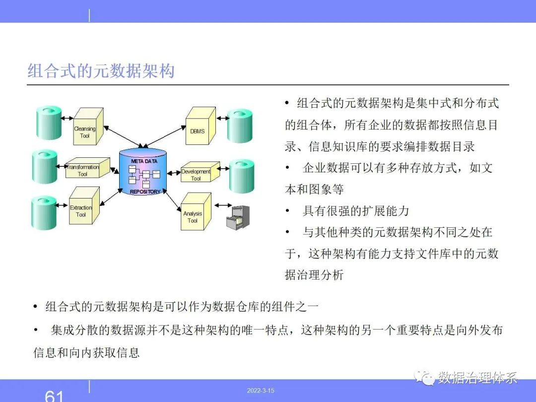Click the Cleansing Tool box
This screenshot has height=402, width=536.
pos(88,126)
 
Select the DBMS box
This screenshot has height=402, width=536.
pos(201,126)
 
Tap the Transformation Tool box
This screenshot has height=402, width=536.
pos(87,168)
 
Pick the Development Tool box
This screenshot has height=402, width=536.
pos(200,172)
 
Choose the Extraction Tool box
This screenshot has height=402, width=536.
pos(84,205)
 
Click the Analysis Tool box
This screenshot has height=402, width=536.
pos(196,211)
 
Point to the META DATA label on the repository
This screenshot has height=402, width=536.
pos(144,161)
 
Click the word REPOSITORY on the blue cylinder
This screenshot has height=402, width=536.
pos(145,192)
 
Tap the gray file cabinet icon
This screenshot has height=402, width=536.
pos(238,217)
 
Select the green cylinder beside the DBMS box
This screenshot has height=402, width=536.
pos(240,126)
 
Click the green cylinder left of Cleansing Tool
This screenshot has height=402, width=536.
pos(49,123)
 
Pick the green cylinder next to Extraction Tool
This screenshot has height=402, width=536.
pos(44,212)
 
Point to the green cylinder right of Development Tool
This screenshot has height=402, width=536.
pos(242,176)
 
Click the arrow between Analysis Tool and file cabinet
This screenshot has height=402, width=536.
pos(223,205)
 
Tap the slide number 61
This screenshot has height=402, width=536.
pos(54,396)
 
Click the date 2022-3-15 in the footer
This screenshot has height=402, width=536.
pos(261,391)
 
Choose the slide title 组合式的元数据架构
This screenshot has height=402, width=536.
pos(101,71)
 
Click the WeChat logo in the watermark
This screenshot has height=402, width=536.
pos(424,377)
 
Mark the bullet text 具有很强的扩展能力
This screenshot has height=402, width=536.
pos(356,211)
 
